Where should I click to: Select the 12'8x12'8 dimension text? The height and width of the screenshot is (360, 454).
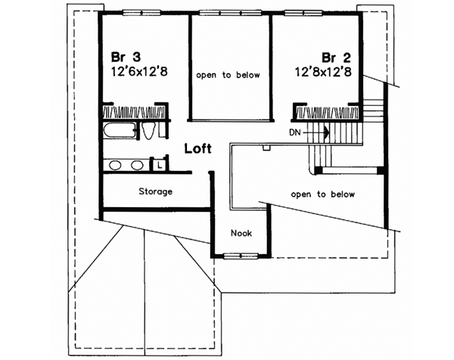[326, 73]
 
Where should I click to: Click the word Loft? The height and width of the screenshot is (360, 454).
[198, 148]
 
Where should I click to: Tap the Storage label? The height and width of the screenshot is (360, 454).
[154, 191]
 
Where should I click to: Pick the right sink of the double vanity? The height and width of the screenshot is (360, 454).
[138, 164]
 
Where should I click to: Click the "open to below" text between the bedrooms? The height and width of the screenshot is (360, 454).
[229, 75]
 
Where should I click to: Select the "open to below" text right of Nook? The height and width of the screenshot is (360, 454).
[323, 194]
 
